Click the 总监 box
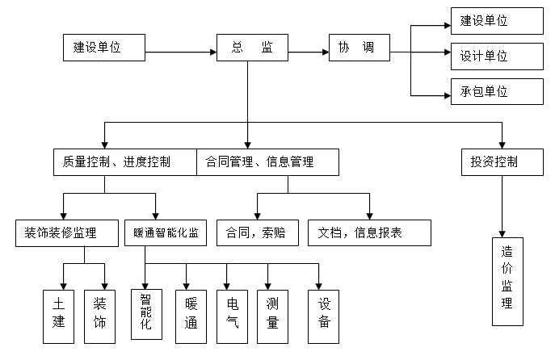coord(252,48)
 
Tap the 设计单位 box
coord(496,56)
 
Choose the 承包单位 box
coord(496,91)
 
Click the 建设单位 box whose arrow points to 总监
coord(104,48)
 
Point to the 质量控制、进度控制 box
coord(124,161)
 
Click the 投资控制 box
coord(501,161)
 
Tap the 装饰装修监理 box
coord(69,232)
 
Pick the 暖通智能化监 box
coord(166,232)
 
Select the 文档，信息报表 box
coord(369,232)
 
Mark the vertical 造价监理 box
coord(507,280)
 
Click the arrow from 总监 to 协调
coord(308,53)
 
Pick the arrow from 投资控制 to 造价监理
coord(502,205)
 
